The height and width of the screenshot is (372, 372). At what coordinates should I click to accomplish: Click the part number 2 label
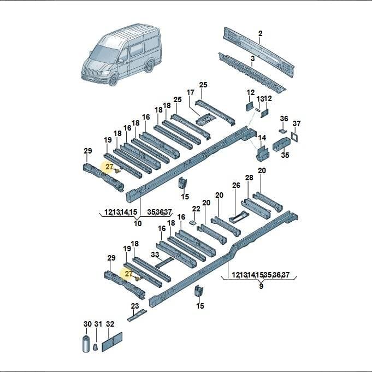(260, 33)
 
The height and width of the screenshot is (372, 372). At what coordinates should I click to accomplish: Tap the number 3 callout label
(253, 58)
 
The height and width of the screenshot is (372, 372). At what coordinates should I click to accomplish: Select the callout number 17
(190, 92)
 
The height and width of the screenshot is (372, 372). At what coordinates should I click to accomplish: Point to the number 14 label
(262, 138)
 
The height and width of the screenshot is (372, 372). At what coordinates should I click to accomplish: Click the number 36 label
(284, 119)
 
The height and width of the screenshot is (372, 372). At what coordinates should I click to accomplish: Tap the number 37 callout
(297, 123)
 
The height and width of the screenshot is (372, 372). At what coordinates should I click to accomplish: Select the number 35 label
(285, 155)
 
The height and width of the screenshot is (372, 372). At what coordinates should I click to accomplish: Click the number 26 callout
(236, 185)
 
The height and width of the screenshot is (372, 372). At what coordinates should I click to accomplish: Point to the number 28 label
(249, 178)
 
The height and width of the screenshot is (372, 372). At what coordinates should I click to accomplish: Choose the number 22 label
(196, 209)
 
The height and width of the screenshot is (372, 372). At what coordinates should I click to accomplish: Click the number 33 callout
(155, 255)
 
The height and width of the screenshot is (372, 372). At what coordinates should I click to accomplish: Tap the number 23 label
(135, 306)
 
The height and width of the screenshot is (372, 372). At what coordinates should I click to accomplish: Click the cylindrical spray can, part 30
(86, 344)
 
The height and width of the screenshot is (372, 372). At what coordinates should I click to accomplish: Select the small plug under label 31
(96, 347)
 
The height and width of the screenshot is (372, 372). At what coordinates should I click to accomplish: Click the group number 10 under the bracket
(138, 223)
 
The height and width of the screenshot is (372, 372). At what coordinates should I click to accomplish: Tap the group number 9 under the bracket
(261, 286)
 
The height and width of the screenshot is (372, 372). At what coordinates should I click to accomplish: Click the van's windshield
(103, 54)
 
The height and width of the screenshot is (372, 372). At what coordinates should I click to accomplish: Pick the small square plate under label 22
(193, 222)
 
